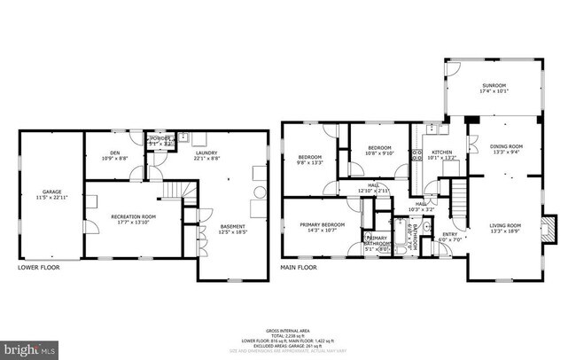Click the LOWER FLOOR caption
(37, 266)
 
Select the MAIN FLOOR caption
(299, 266)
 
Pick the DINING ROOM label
(507, 149)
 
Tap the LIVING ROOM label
(507, 229)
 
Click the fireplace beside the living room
(551, 228)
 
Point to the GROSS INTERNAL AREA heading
(288, 328)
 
